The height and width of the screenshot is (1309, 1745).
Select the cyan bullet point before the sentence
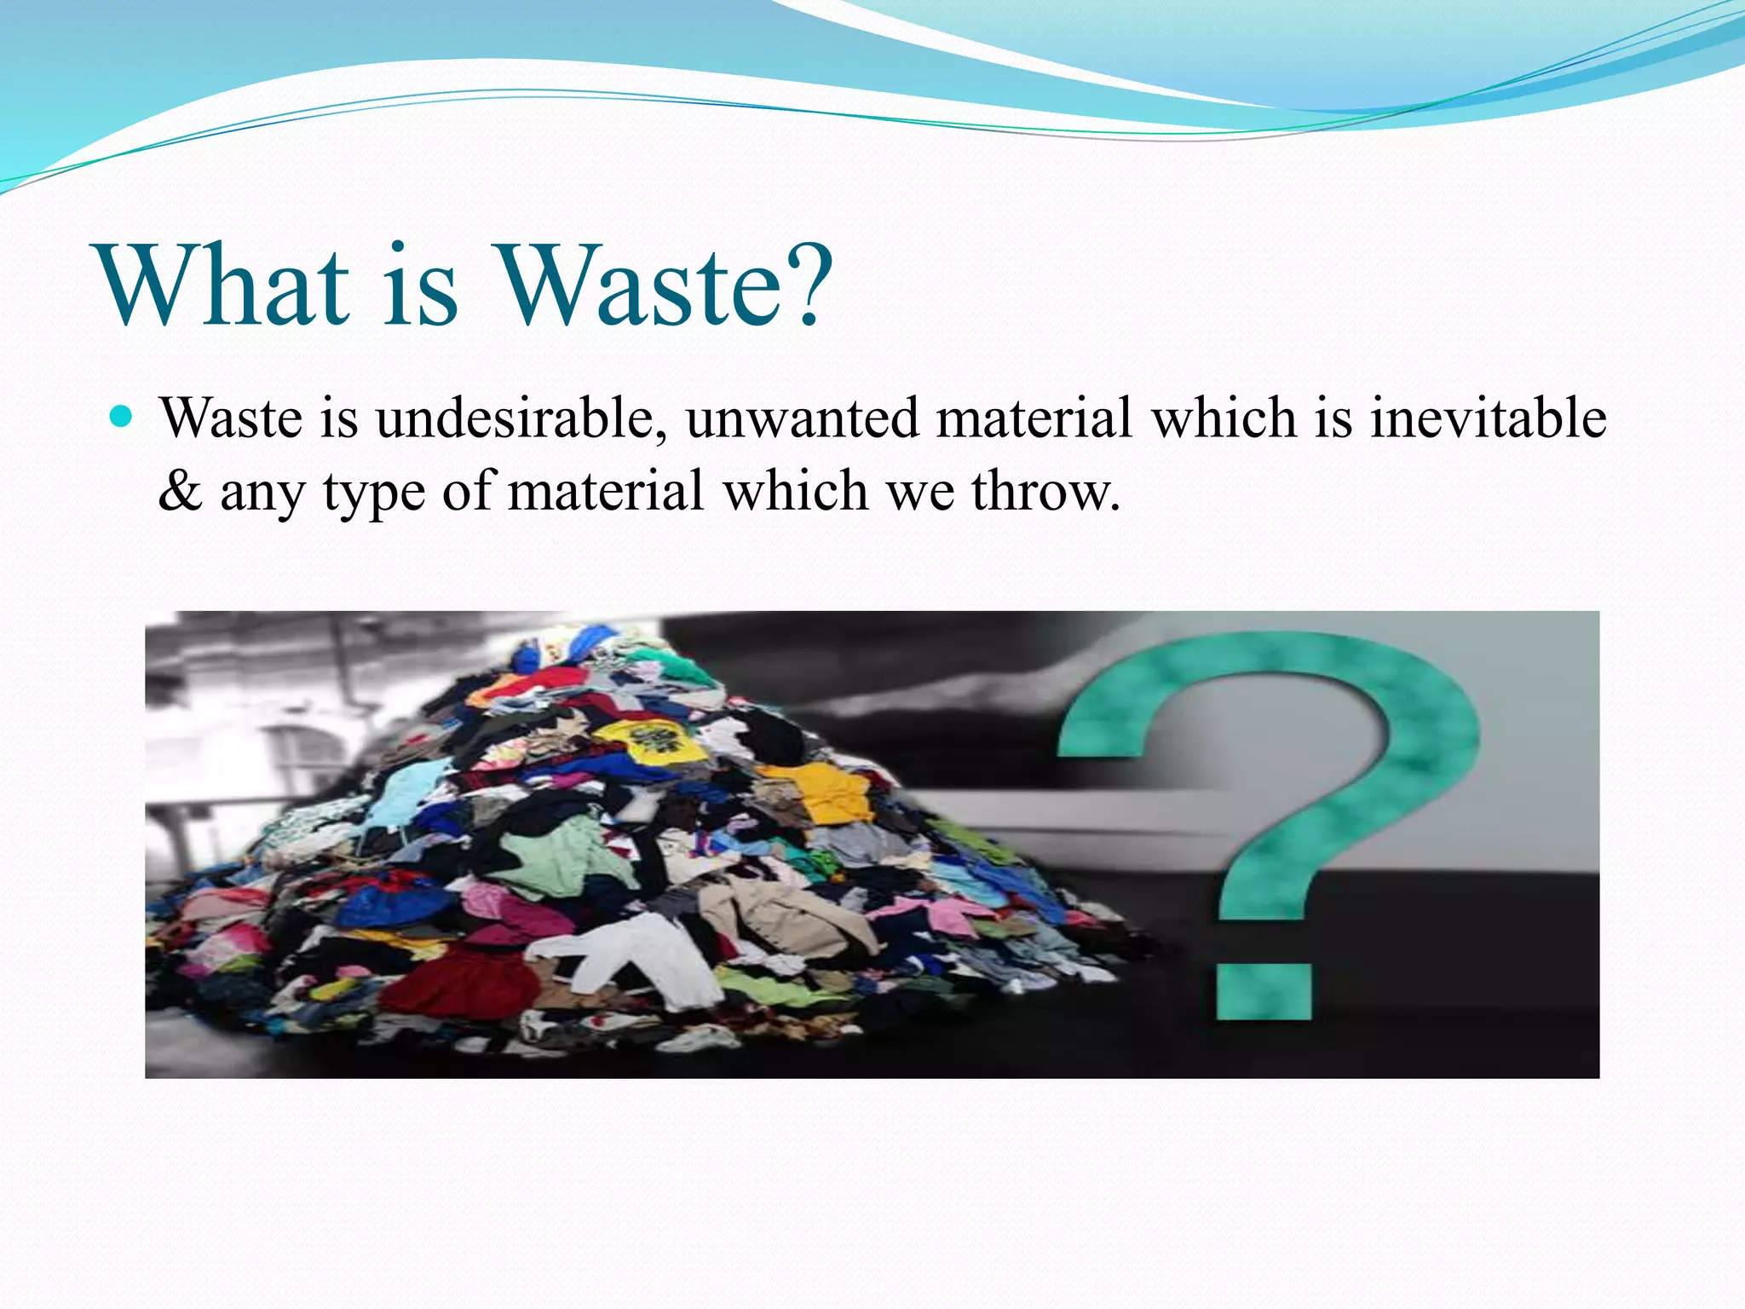123,418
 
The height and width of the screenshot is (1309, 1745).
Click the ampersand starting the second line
180,492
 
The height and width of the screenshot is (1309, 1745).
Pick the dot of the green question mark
1263,991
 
